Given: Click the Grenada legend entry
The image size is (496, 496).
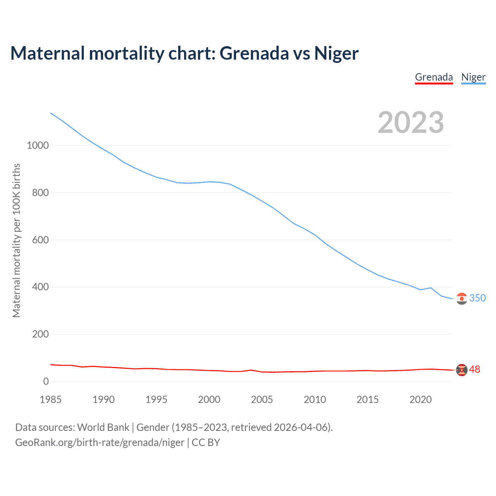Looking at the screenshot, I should click(x=434, y=77).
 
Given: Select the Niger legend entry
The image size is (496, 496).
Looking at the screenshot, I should click(x=473, y=77).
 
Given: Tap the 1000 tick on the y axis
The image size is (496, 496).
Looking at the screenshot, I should click(x=38, y=145).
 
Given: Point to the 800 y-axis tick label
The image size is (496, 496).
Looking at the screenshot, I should click(x=40, y=193).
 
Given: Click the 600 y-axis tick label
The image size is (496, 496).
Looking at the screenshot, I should click(x=40, y=240).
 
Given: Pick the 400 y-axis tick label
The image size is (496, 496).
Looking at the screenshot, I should click(x=40, y=287).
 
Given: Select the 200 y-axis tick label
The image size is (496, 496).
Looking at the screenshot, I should click(x=40, y=334).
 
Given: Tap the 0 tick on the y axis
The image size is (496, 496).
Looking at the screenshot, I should click(x=46, y=381).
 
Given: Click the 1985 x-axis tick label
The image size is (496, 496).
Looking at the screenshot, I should click(x=50, y=400).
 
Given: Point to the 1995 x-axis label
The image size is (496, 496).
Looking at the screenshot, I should click(x=156, y=400).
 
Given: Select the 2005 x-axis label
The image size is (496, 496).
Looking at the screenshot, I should click(x=262, y=400).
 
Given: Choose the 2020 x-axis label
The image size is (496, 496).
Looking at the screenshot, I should click(x=420, y=400).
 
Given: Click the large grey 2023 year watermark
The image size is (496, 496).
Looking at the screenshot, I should click(x=411, y=122).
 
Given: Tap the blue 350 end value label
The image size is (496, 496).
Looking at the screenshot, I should click(x=477, y=298).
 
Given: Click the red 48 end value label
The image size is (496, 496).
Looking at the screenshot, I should click(x=475, y=370).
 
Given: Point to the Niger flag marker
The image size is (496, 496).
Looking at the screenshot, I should click(x=462, y=299).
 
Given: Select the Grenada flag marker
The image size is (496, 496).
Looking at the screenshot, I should click(x=462, y=370).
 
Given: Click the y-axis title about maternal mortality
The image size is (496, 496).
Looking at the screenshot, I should click(x=16, y=240).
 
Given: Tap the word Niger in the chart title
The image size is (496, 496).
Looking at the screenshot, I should click(x=336, y=53).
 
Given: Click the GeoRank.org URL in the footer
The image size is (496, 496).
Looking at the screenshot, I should click(x=100, y=443).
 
